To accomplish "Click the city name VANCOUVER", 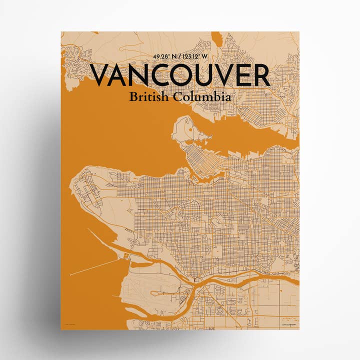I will (x=180, y=76).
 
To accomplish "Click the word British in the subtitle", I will (x=149, y=97).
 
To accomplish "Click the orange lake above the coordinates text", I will (x=216, y=37).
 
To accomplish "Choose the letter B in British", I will (x=132, y=97).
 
